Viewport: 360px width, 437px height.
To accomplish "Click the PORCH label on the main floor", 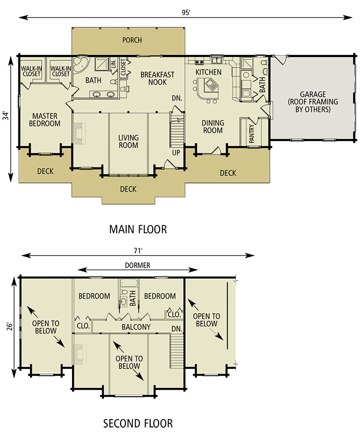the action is pos(132,40).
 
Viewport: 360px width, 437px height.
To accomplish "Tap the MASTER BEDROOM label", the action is pos(45,120).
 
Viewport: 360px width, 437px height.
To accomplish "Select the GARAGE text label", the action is pos(313,94).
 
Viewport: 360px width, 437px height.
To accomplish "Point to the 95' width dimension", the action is pos(186,13).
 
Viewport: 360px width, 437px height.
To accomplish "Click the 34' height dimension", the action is pos(6,116).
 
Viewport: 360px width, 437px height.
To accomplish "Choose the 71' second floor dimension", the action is pos(138,251).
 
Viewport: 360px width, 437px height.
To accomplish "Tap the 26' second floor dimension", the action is pos(10,327).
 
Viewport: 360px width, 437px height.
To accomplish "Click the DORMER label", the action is pos(137,265).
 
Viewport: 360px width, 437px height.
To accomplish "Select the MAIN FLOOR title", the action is pos(138,229).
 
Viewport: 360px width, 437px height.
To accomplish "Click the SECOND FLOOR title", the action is pos(138,423).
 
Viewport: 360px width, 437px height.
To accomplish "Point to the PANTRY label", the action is pos(252,134).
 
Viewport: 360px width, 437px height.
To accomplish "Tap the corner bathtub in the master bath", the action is pos(81,65).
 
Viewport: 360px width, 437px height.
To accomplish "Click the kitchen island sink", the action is pos(211,84).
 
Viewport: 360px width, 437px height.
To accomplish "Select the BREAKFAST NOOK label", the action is pos(158,78).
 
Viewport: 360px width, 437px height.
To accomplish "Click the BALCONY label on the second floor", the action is pos(136,327).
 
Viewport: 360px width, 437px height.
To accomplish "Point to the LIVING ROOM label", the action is pos(128,141).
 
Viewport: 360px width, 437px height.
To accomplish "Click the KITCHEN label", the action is pos(208,72).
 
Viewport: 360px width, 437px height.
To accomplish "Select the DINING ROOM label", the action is pos(213,127).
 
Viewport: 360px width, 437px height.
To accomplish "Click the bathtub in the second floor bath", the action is pos(129,283).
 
